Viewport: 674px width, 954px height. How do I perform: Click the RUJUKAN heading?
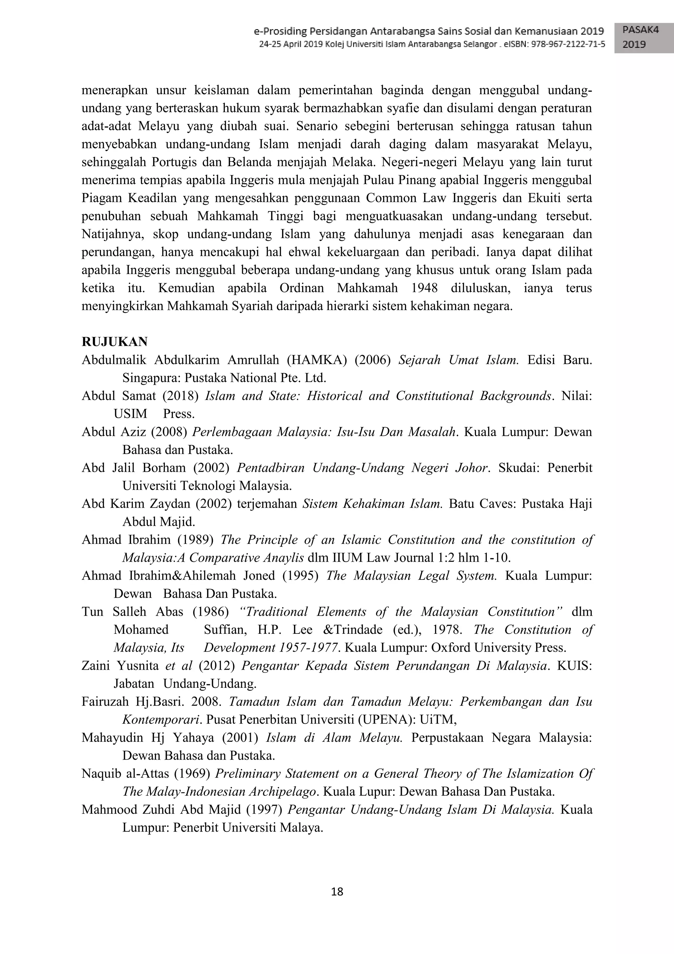[x=115, y=342]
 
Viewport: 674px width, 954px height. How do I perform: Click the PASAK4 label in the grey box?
[x=640, y=30]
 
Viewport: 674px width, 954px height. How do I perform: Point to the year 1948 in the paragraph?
[x=424, y=288]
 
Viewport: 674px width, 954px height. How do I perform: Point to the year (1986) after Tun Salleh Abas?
[x=211, y=612]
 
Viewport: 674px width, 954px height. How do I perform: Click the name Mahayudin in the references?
[x=112, y=738]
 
